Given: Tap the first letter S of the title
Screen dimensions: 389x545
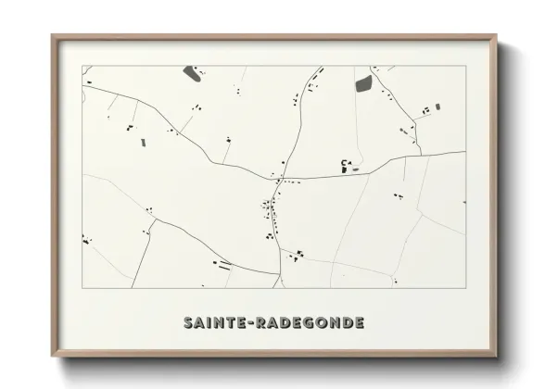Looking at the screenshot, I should [189, 323].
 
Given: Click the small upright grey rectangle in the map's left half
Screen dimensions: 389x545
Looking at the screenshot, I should [143, 143].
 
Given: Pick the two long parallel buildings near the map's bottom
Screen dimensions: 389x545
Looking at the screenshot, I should [223, 265].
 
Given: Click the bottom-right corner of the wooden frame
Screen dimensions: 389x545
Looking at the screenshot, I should [496, 357].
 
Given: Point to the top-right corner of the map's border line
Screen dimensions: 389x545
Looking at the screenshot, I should [465, 65].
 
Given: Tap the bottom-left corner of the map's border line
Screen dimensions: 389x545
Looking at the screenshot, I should [82, 288].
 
